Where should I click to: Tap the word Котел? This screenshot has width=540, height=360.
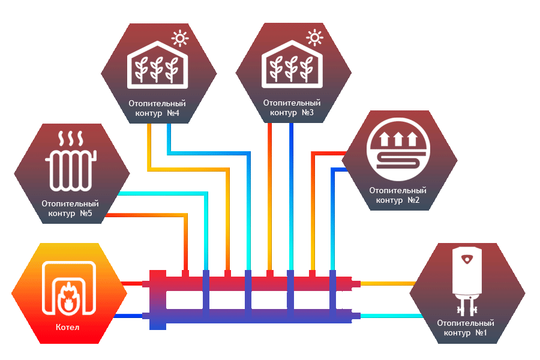67,327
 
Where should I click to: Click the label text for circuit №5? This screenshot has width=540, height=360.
70,209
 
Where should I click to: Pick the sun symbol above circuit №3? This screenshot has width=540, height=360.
314,38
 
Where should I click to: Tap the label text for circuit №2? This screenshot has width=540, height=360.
397,195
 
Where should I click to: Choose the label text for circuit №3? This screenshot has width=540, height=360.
292,108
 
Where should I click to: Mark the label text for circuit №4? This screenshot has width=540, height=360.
157,108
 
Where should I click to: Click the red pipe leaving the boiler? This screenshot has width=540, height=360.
132,283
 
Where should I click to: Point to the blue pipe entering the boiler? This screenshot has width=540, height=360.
132,316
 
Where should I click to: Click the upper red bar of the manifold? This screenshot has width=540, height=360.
252,283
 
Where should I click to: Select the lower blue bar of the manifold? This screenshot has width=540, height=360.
252,316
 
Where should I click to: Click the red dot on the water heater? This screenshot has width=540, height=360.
467,259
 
